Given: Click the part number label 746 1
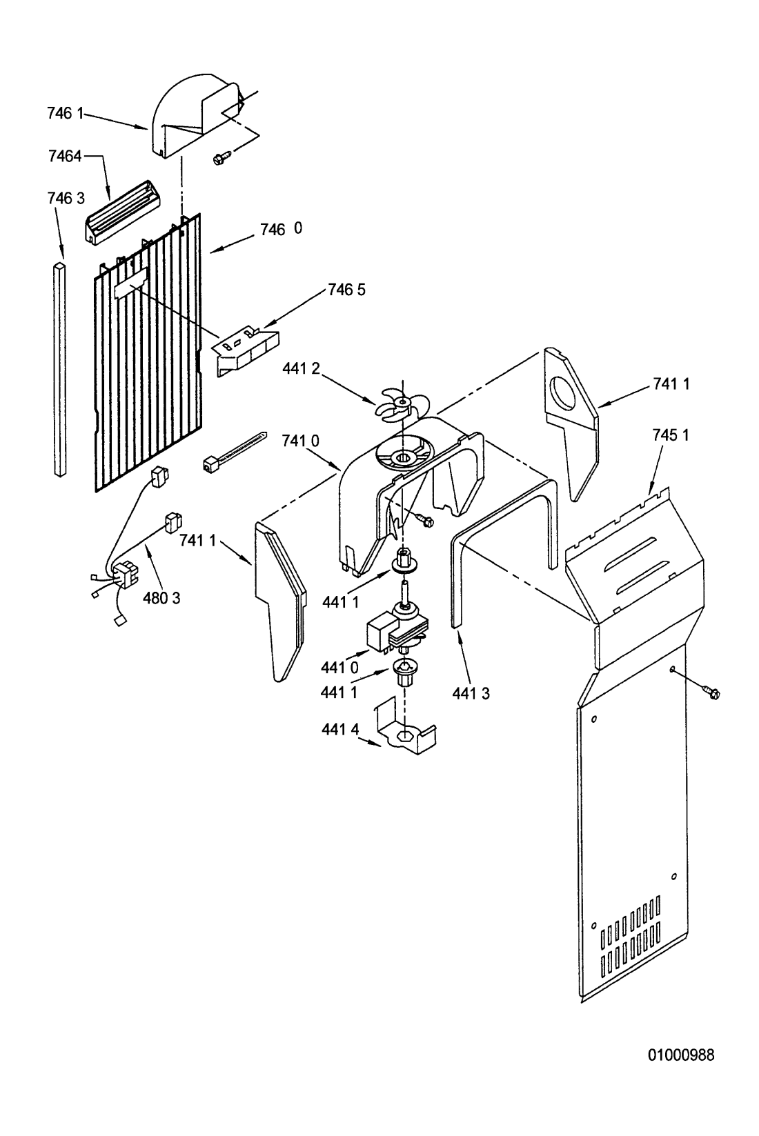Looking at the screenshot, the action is pyautogui.click(x=65, y=114).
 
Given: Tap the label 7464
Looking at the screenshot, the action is pyautogui.click(x=65, y=156).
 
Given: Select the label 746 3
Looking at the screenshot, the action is pyautogui.click(x=66, y=198).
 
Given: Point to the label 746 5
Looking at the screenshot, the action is pyautogui.click(x=346, y=290).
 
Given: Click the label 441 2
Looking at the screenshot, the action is pyautogui.click(x=302, y=369).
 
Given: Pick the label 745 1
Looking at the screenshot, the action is pyautogui.click(x=671, y=435).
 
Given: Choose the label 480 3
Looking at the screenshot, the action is pyautogui.click(x=161, y=599).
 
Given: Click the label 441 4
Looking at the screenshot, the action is pyautogui.click(x=340, y=729).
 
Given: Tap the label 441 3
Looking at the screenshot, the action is pyautogui.click(x=471, y=693).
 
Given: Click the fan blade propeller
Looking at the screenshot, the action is pyautogui.click(x=402, y=404).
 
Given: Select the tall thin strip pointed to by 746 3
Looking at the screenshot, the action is pyautogui.click(x=61, y=369).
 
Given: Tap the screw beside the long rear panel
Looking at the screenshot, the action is pyautogui.click(x=711, y=692).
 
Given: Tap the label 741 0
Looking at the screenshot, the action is pyautogui.click(x=300, y=441).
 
